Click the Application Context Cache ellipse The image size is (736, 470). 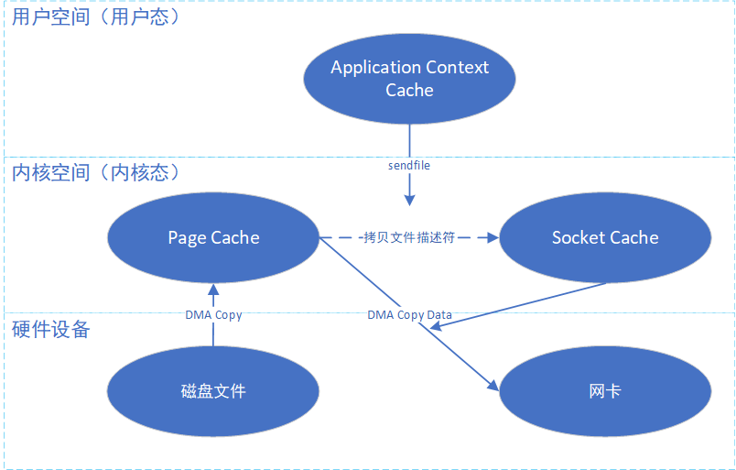click(409, 79)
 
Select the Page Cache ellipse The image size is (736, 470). click(213, 238)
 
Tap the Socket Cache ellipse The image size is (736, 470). click(605, 238)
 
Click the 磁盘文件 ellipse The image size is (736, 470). click(213, 391)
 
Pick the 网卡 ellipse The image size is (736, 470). click(605, 391)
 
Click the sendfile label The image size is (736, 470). click(409, 166)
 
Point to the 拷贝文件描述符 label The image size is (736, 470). click(410, 237)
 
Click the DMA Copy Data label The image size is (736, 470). click(410, 315)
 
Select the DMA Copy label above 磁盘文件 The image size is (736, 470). click(213, 315)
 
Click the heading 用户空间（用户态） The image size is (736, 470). click(91, 17)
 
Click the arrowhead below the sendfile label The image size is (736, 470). click(409, 199)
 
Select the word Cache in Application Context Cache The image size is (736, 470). click(409, 90)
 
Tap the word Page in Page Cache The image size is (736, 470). click(187, 238)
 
